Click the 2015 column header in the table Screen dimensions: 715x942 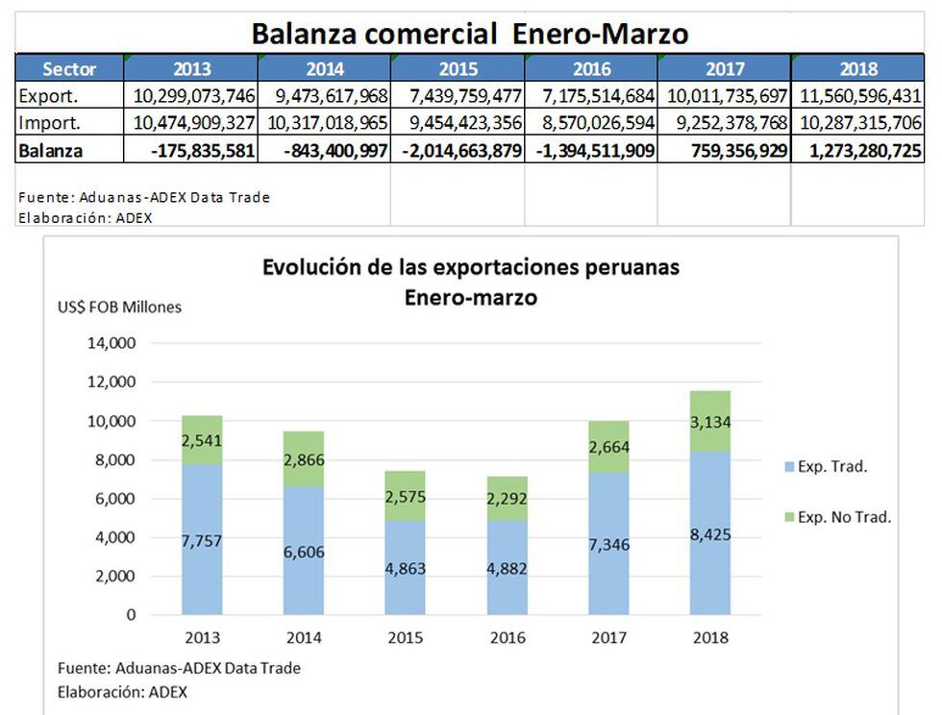click(x=458, y=69)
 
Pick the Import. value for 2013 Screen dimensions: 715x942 click(x=191, y=123)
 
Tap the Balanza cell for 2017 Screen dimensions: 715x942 click(x=724, y=151)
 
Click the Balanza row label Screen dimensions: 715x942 click(x=50, y=151)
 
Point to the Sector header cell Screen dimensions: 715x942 click(x=69, y=69)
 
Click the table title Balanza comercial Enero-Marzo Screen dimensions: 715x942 click(x=470, y=34)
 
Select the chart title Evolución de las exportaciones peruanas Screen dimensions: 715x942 click(x=470, y=267)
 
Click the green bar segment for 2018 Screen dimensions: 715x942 click(x=710, y=421)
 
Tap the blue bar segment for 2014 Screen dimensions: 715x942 click(x=303, y=550)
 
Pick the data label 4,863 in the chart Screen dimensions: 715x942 click(x=405, y=568)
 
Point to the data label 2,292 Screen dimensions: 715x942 click(x=507, y=498)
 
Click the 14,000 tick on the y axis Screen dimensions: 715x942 click(x=112, y=343)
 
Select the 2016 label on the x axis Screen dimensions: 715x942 click(x=507, y=637)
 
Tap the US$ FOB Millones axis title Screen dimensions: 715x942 click(x=119, y=308)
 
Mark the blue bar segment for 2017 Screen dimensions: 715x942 click(x=608, y=543)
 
